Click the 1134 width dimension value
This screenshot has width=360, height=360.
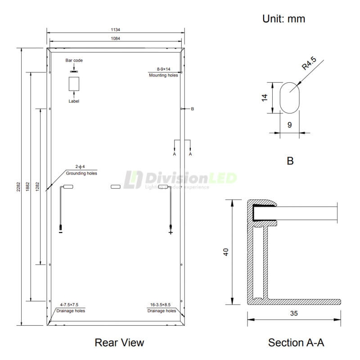point(115,30)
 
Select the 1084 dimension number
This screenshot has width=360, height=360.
point(115,39)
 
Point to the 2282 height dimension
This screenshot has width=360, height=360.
point(18,187)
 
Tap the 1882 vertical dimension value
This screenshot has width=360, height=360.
point(27,187)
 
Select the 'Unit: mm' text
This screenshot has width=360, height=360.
point(283,19)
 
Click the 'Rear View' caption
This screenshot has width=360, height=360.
point(119,342)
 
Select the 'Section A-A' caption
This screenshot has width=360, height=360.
point(296,342)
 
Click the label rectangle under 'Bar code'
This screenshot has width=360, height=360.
point(74,85)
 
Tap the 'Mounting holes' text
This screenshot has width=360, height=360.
point(163,75)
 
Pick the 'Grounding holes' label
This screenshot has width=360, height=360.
point(81,173)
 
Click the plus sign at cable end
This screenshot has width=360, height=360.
point(171,233)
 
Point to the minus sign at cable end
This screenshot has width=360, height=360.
point(60,233)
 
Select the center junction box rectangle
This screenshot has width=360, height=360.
point(115,187)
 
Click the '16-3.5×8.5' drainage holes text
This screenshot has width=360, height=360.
point(162,305)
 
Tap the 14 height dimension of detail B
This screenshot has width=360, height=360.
point(265,97)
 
